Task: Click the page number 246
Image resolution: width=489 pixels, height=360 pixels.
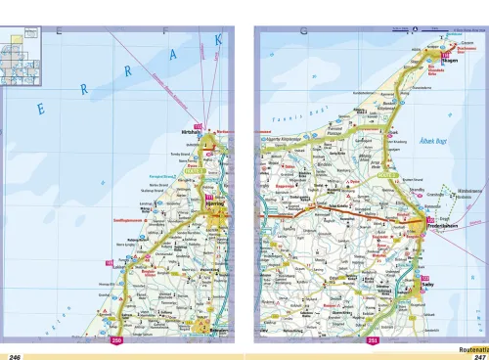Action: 15,355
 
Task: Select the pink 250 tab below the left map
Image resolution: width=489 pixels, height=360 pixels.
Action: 117,340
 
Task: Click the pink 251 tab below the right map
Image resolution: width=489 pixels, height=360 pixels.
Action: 374,340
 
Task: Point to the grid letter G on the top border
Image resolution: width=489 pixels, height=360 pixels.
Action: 304,32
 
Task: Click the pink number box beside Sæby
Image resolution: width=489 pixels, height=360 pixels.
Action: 425,281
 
